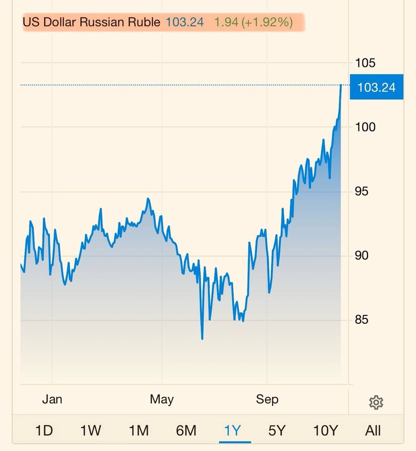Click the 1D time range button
coord(44,430)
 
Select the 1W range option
coord(91,430)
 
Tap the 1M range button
coord(138,430)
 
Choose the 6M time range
coord(186,430)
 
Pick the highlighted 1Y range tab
coord(233,430)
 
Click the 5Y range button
coord(277,430)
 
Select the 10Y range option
coord(325,430)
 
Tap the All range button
coord(373,430)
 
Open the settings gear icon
coord(376,402)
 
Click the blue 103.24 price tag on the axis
coord(376,87)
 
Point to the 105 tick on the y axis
coord(365,63)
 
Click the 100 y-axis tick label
coord(365,127)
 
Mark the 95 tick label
coord(363,192)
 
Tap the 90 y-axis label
coord(363,255)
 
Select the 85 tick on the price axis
coord(363,320)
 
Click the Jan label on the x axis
coord(52,399)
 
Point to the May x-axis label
coord(162,399)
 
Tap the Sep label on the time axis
coord(267,399)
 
